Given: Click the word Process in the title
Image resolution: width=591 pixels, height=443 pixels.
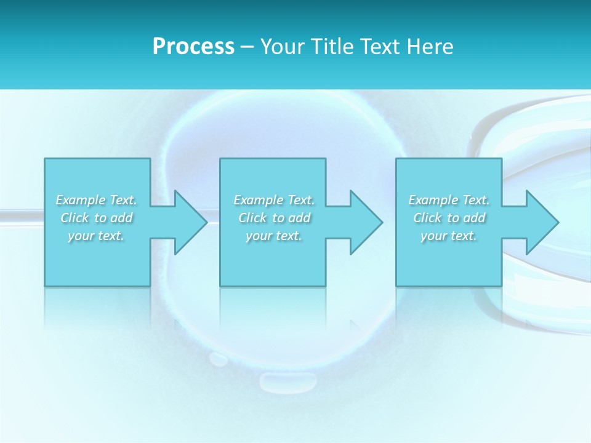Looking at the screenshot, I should click(193, 47).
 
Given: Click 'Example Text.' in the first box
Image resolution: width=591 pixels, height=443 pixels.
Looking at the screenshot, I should click(97, 200).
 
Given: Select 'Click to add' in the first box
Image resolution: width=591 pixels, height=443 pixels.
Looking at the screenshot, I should click(97, 218).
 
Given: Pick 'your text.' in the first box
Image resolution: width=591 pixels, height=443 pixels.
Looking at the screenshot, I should click(97, 236).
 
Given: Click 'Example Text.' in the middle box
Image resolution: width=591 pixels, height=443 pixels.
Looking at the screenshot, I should click(274, 200).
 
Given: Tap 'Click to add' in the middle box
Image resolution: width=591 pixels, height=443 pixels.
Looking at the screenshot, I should click(274, 218).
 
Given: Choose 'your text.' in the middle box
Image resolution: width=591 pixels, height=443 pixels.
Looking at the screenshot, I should click(274, 236).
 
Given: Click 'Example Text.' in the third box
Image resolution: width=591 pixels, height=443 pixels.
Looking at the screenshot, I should click(449, 200).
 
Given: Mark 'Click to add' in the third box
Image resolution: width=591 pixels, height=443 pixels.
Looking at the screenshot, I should click(449, 218).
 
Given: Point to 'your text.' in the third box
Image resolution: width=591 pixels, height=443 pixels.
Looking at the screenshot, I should click(449, 236).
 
